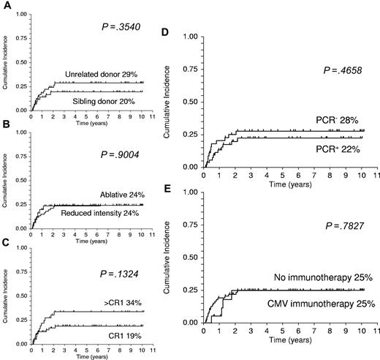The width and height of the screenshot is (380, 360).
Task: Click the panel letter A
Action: point(5,5)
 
